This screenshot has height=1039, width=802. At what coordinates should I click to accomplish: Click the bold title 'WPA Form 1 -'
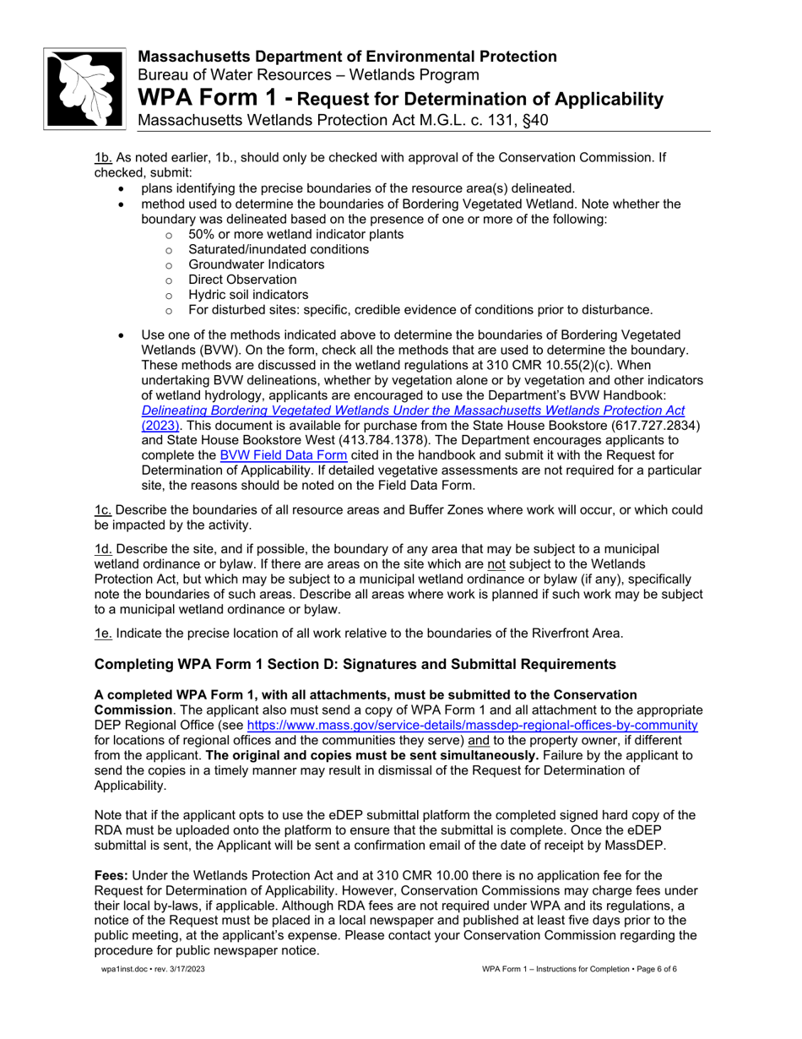(215, 99)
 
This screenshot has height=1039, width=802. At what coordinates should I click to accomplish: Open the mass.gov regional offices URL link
(472, 726)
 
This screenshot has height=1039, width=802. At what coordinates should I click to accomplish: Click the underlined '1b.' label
(103, 156)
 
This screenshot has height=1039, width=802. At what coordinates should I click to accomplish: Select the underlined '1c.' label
(103, 510)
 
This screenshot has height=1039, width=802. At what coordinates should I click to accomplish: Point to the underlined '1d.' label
(103, 549)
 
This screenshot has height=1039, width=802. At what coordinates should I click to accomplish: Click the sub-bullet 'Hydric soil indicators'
(248, 295)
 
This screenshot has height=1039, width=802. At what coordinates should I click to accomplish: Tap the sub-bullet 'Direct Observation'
(242, 280)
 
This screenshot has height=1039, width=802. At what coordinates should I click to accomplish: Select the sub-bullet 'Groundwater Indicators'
(256, 264)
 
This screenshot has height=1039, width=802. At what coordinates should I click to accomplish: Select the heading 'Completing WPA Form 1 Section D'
(355, 664)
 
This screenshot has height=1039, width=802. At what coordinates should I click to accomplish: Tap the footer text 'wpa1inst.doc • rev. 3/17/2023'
(153, 969)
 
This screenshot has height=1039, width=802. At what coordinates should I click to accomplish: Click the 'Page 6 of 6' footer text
(649, 969)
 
